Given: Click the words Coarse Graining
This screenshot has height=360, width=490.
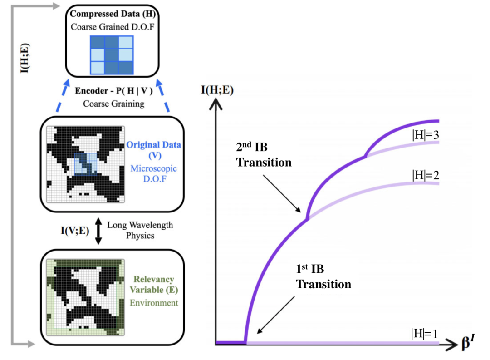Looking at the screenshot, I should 113,104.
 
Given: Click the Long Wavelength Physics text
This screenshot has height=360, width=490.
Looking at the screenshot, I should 140,230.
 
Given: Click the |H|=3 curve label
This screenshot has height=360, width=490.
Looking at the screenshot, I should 424,135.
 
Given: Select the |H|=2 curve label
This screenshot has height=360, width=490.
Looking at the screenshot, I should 424,174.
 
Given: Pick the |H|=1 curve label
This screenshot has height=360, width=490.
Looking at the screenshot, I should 424,334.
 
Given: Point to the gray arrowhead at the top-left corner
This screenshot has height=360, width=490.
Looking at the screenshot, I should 55,5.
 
